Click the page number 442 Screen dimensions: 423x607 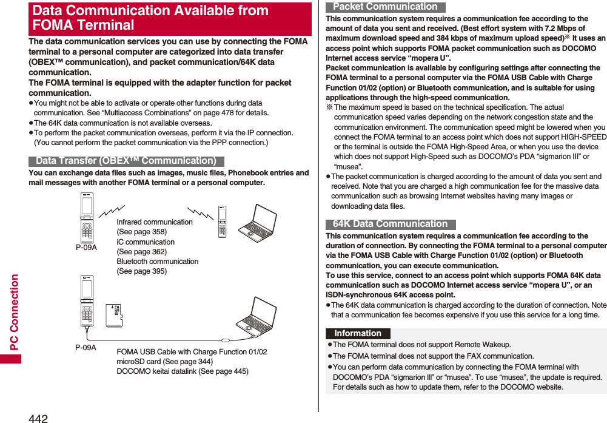click(x=38, y=418)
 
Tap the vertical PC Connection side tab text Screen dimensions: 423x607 click(x=14, y=311)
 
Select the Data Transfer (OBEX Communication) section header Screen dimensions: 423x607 click(x=126, y=161)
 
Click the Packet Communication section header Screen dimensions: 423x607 click(x=385, y=7)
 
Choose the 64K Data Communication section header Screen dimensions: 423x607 click(x=390, y=224)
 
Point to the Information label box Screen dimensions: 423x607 click(x=358, y=333)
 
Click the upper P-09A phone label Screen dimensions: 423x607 click(x=86, y=248)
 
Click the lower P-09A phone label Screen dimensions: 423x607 click(x=86, y=347)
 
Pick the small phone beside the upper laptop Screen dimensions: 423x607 click(x=222, y=222)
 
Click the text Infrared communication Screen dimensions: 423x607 click(x=155, y=222)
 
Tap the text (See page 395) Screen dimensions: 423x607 click(x=141, y=271)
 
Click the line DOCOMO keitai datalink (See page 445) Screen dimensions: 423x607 click(x=182, y=371)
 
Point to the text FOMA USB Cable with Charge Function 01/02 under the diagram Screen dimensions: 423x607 click(x=192, y=352)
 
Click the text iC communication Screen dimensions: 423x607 click(x=146, y=242)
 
